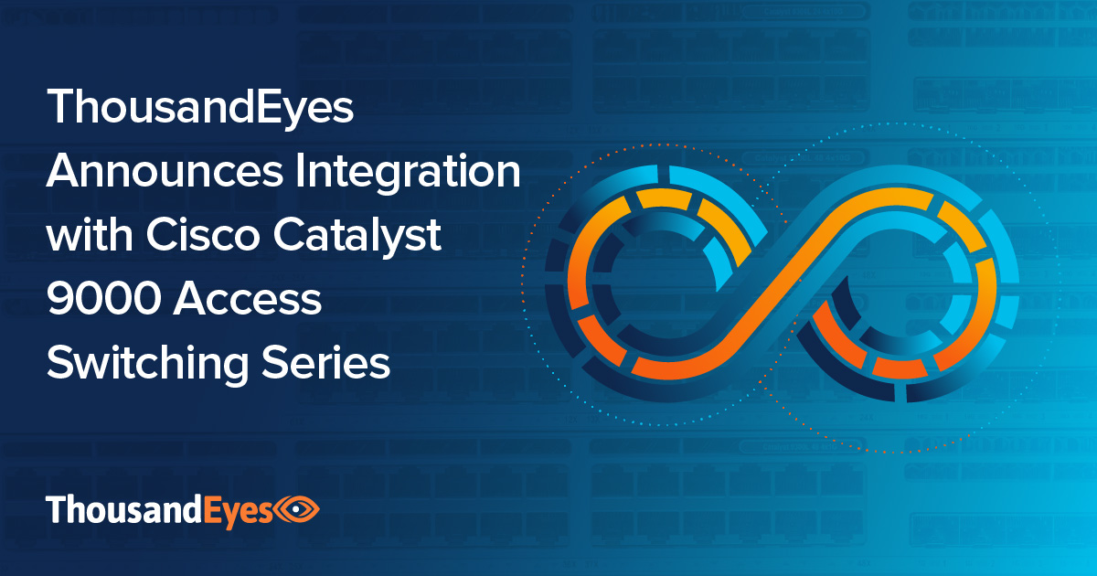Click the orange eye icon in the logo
coord(294,509)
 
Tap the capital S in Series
coord(282,363)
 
